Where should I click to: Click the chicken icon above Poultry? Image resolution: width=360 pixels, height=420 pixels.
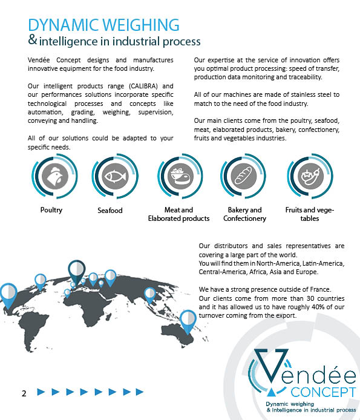55,176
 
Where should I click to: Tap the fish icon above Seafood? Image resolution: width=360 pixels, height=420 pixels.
115,176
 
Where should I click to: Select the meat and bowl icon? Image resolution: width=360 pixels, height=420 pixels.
180,176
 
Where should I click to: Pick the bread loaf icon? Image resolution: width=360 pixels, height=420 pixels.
243,176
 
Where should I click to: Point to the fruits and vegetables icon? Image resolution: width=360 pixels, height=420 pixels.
310,176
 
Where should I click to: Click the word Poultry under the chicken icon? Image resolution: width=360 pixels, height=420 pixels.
51,210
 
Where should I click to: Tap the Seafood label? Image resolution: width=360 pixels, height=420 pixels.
110,211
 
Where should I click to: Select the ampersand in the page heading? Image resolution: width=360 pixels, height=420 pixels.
33,40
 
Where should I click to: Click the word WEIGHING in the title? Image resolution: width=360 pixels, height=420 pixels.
141,25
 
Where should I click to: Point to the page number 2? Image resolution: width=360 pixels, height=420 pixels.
24,393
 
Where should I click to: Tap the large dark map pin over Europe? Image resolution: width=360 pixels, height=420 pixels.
77,271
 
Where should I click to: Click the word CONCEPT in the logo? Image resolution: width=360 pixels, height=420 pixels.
323,392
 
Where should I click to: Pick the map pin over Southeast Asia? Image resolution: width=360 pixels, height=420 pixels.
149,295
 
